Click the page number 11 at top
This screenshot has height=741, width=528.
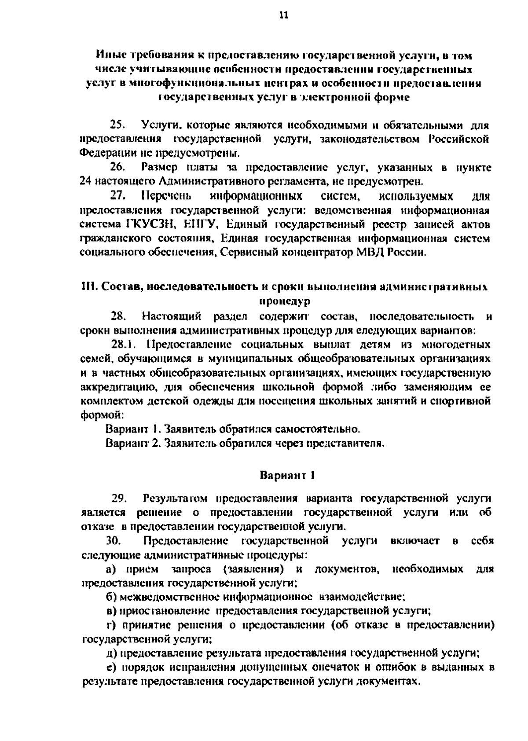click(283, 16)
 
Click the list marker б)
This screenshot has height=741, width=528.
click(111, 597)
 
